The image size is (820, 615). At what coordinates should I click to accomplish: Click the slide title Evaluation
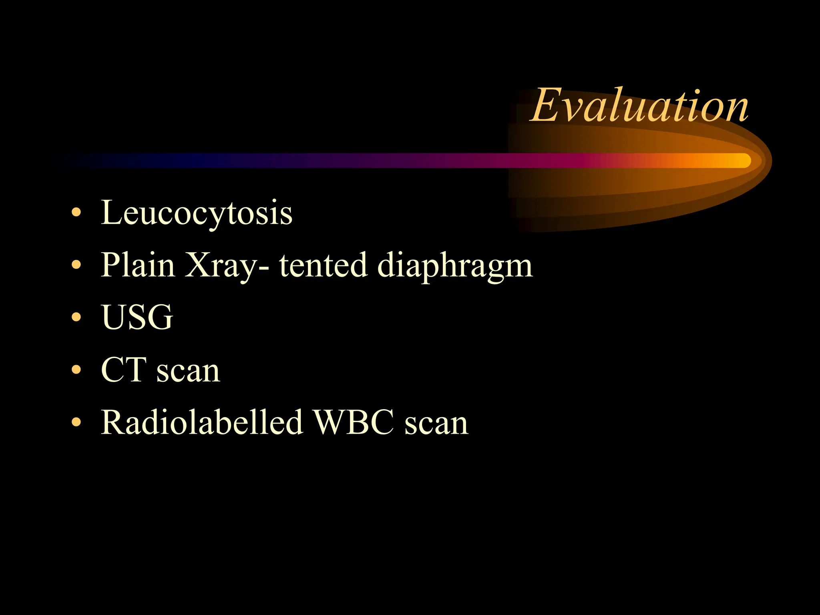click(x=639, y=106)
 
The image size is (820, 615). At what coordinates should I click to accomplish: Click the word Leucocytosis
click(x=196, y=213)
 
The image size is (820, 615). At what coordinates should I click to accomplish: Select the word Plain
click(x=138, y=265)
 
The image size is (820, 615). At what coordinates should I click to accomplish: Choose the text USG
click(x=137, y=317)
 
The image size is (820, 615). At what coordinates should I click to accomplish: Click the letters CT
click(x=123, y=370)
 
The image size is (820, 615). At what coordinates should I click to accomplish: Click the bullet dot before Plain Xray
click(x=76, y=265)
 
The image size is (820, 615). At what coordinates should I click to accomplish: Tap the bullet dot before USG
click(x=76, y=317)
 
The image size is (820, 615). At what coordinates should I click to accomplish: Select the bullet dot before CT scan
click(x=76, y=370)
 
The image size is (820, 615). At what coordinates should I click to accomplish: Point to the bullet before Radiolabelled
click(x=76, y=422)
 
